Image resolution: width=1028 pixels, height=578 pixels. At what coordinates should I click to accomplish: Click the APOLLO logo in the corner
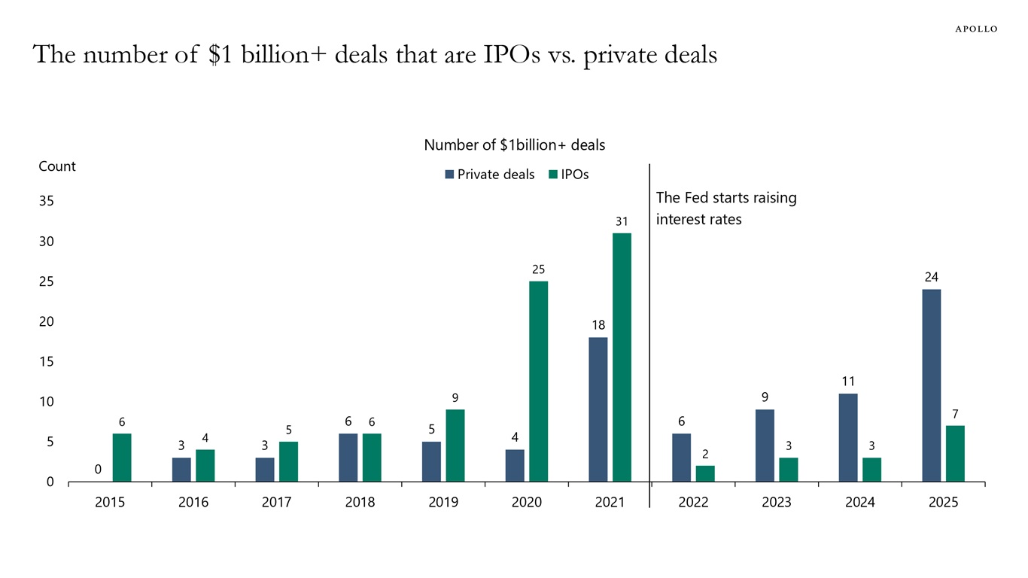point(976,29)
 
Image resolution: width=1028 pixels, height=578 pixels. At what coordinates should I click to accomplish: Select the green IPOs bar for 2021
point(622,357)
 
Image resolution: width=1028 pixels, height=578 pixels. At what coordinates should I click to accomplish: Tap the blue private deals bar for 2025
point(931,385)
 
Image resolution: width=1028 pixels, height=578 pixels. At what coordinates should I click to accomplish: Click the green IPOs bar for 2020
point(538,382)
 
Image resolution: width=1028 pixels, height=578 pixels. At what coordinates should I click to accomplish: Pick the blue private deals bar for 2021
point(598,409)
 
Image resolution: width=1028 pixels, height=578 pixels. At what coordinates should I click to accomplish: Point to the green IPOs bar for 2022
point(705,473)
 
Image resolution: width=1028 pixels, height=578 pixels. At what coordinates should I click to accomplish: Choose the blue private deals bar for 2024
point(848,437)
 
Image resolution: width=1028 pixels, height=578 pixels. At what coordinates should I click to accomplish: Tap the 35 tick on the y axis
point(47,202)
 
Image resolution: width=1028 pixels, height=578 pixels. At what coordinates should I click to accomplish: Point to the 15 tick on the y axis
point(47,362)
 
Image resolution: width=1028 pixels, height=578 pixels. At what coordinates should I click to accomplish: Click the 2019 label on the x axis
point(443,503)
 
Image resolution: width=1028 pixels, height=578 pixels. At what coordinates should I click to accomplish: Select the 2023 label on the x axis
point(777,503)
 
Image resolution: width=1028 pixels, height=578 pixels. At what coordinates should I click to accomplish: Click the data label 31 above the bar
point(621,221)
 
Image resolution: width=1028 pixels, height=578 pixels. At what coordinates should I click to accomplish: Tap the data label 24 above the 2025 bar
point(931,278)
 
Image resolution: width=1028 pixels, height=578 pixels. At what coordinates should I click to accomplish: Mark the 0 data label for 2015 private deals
point(98,470)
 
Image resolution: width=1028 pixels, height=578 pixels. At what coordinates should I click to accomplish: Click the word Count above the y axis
point(57,166)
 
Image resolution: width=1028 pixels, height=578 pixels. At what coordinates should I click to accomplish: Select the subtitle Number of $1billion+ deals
point(514,144)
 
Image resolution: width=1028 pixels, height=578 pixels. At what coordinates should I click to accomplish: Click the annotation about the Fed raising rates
point(725,208)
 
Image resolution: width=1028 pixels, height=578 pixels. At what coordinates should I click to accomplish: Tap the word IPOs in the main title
point(509,55)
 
